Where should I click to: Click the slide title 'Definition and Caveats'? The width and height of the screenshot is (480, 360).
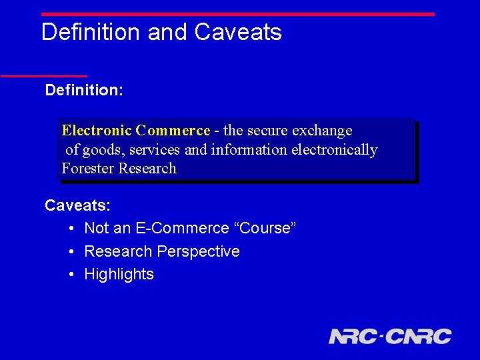[161, 32]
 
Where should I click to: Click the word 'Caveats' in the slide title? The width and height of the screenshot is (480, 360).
[238, 32]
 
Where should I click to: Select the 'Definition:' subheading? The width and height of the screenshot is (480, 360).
[84, 90]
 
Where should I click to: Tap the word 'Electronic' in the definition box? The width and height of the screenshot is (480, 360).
[96, 131]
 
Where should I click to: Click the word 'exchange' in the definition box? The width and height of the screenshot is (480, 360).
[325, 131]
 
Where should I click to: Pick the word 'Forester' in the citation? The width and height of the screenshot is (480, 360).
[87, 169]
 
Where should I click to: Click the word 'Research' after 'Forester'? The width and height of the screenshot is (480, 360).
[147, 169]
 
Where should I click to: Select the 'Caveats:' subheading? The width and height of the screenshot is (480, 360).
[77, 205]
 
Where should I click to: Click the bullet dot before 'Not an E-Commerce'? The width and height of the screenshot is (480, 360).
[71, 229]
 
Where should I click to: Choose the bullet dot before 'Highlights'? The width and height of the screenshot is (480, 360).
[71, 275]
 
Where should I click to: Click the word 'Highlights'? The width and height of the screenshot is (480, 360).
[119, 274]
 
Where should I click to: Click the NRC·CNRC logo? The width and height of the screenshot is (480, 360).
[390, 336]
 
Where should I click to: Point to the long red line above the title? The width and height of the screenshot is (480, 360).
[237, 14]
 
